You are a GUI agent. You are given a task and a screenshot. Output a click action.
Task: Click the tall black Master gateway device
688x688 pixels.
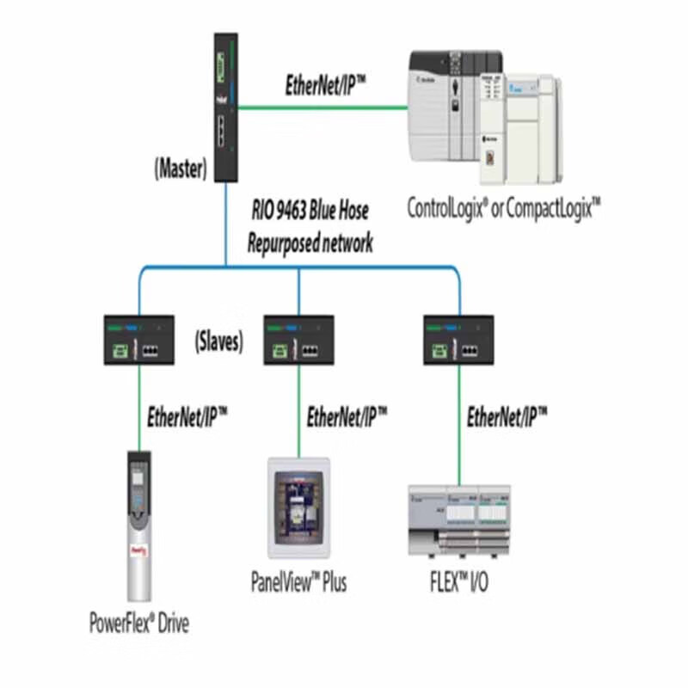point(225,107)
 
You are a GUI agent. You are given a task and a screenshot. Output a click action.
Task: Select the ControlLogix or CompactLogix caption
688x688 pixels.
point(503,209)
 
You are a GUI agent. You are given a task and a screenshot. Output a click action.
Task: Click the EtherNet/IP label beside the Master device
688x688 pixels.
point(326,85)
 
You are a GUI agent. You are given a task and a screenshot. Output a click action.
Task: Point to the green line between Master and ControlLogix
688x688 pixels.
point(322,107)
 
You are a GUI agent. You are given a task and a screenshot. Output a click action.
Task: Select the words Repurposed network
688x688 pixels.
point(310,243)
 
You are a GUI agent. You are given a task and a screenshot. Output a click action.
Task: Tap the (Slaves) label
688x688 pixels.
point(218,341)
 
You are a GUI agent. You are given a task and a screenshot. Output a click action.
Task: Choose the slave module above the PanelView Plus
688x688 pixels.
point(298,340)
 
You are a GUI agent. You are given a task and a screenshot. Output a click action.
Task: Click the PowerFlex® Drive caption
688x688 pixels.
point(138,622)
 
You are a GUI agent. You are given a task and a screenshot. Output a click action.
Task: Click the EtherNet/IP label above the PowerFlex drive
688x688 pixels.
point(187,418)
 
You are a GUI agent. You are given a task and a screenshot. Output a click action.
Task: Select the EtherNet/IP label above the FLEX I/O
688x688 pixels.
point(507,418)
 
